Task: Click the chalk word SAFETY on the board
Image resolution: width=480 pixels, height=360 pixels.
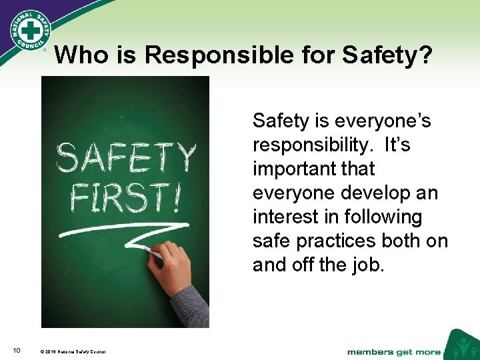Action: pyautogui.click(x=127, y=158)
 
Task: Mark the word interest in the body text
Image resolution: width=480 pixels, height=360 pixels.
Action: pyautogui.click(x=283, y=217)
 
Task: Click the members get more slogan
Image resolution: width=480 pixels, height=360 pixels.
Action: pyautogui.click(x=393, y=351)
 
